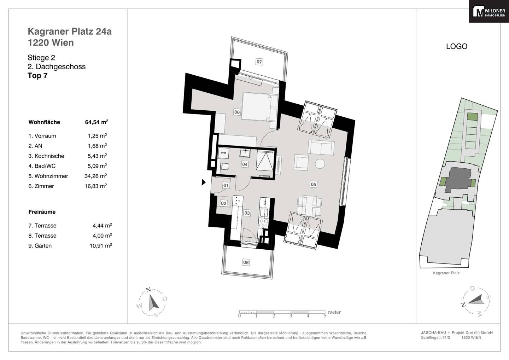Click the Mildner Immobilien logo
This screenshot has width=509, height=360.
pyautogui.click(x=489, y=11)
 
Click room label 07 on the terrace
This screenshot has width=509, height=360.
pyautogui.click(x=259, y=62)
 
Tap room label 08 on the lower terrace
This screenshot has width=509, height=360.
pyautogui.click(x=246, y=262)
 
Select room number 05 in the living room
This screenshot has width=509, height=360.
pyautogui.click(x=313, y=184)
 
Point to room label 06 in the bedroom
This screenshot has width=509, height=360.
pyautogui.click(x=237, y=112)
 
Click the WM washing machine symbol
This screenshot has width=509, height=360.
pyautogui.click(x=224, y=153)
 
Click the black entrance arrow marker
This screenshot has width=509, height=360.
pyautogui.click(x=204, y=182)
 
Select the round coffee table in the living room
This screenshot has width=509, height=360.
pyautogui.click(x=320, y=164)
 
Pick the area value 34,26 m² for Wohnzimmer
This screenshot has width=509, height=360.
pyautogui.click(x=96, y=176)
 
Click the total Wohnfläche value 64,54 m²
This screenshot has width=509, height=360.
pyautogui.click(x=96, y=122)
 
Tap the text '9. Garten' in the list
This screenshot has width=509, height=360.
pyautogui.click(x=40, y=246)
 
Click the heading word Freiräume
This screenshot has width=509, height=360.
pyautogui.click(x=42, y=212)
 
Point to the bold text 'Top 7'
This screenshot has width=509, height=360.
pyautogui.click(x=38, y=75)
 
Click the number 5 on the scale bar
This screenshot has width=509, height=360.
pyautogui.click(x=325, y=316)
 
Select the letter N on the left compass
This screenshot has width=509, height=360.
pyautogui.click(x=148, y=290)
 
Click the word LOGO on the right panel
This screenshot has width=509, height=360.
pyautogui.click(x=457, y=46)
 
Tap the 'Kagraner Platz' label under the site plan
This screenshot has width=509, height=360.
pyautogui.click(x=446, y=273)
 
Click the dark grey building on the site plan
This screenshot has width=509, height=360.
pyautogui.click(x=458, y=180)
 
